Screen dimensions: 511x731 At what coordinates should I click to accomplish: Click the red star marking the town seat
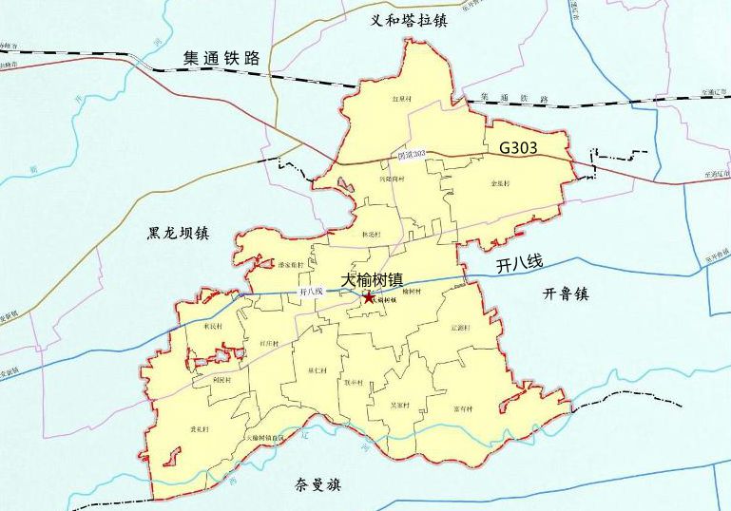click(x=368, y=297)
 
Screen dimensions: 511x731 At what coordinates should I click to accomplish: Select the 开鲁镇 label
click(x=567, y=294)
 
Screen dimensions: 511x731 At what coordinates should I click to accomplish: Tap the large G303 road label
click(x=518, y=147)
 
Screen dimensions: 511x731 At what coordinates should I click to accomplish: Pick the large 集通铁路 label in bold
click(x=221, y=59)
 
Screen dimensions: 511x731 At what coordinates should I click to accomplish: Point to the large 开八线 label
click(x=518, y=267)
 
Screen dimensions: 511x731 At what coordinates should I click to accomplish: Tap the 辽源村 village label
click(x=461, y=328)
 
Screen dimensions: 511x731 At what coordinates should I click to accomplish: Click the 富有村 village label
click(x=463, y=409)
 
